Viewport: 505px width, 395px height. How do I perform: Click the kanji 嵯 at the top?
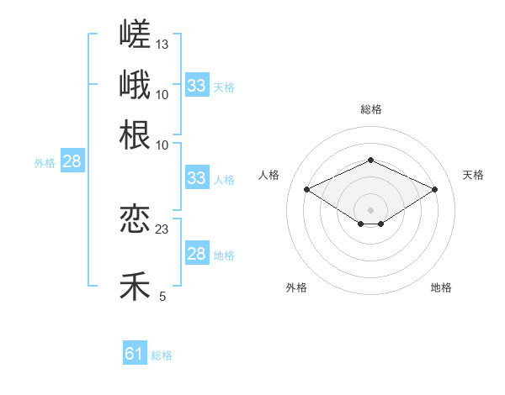pos(135,34)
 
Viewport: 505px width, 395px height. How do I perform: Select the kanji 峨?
pos(135,84)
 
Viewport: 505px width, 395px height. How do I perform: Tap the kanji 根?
pos(135,134)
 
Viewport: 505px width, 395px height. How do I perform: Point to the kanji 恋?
pos(135,219)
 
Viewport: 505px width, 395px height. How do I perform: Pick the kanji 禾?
pos(135,286)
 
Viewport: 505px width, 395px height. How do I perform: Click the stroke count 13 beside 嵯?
pos(162,45)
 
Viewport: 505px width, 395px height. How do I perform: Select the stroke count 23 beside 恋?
pos(162,229)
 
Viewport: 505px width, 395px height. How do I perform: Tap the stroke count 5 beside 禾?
pos(162,297)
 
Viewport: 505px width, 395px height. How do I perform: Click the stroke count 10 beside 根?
pos(162,145)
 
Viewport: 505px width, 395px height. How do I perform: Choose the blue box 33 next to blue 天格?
pos(197,85)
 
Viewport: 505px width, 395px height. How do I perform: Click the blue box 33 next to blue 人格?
pos(197,177)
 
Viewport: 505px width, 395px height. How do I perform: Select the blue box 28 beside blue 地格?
pos(197,252)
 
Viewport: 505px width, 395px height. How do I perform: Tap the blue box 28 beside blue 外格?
pos(72,161)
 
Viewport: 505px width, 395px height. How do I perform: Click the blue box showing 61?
pos(135,352)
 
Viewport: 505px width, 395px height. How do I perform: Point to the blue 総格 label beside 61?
pos(162,355)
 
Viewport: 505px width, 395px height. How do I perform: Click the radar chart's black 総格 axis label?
pos(371,109)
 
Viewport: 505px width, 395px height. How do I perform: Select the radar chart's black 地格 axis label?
pos(441,287)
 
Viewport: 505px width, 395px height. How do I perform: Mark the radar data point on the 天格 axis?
pos(434,189)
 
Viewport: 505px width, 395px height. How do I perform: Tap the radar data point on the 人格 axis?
pos(307,189)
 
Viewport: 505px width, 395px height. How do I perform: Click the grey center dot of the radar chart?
pos(370,210)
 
